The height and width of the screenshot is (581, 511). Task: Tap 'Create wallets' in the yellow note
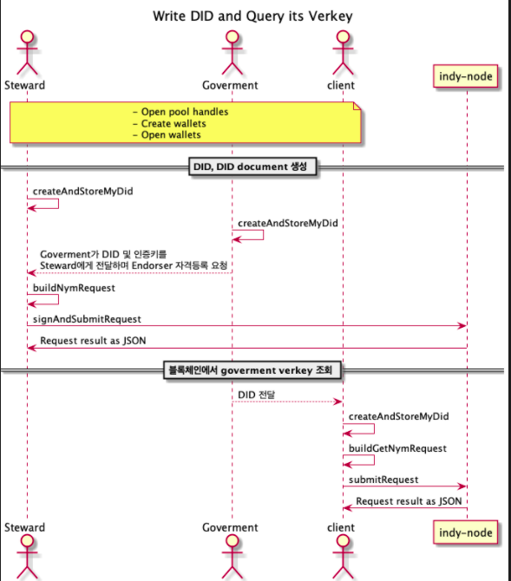click(174, 123)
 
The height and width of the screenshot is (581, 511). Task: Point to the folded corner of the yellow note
click(356, 106)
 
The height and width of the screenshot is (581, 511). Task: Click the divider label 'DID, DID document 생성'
click(252, 166)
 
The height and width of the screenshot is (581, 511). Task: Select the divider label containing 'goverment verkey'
click(252, 371)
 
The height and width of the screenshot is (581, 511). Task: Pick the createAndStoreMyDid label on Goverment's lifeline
click(287, 222)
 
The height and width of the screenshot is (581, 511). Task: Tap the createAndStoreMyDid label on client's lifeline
click(398, 416)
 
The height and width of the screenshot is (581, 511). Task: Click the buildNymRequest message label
click(73, 287)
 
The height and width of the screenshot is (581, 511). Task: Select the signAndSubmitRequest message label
click(87, 319)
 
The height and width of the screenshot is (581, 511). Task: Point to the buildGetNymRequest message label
click(397, 448)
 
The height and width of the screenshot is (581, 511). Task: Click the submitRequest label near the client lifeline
click(383, 480)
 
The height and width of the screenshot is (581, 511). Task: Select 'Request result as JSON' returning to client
click(409, 500)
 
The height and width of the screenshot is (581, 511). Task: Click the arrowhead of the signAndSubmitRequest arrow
click(462, 326)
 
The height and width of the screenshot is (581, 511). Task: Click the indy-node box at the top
click(467, 77)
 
